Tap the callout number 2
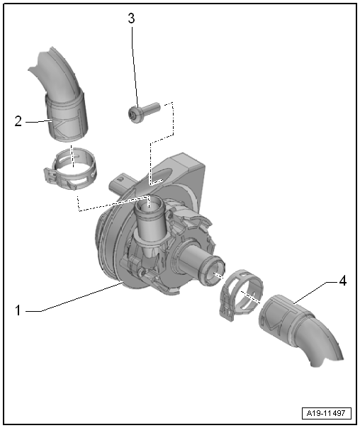[x=19, y=120]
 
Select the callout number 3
[x=131, y=18]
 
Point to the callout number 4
[x=342, y=281]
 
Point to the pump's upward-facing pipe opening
[x=150, y=205]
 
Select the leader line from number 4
[x=315, y=291]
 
